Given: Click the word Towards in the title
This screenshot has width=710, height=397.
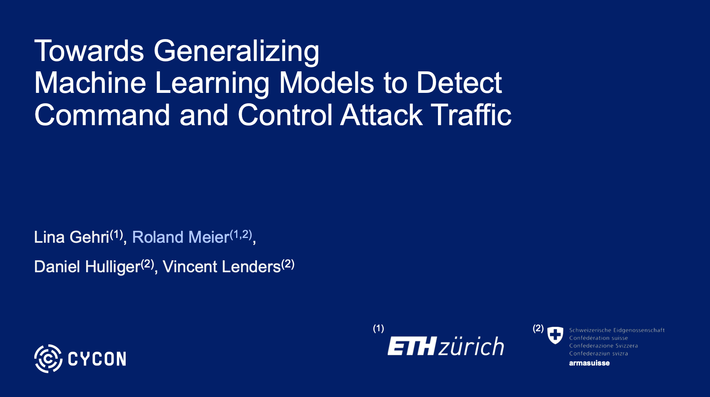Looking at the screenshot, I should point(89,51).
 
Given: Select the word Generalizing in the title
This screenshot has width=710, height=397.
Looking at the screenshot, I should point(237,52).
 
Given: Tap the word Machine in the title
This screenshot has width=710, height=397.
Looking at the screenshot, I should point(90,83).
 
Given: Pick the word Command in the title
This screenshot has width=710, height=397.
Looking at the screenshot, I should point(102,115).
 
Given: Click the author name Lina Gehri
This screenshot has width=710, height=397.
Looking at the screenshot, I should point(72,237).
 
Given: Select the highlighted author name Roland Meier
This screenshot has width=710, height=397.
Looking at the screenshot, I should point(181,237).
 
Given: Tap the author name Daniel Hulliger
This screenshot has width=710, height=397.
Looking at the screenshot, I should point(87,267).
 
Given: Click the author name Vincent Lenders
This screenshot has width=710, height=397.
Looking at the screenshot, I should point(222,267).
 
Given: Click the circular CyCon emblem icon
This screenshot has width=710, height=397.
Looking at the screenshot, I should point(48,359).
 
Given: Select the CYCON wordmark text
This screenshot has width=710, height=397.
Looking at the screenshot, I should point(97,359).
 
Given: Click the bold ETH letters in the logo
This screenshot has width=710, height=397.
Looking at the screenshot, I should point(412,346).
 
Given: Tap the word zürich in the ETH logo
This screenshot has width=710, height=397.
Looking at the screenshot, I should point(471,346).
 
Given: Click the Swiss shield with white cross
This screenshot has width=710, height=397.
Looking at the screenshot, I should point(555,335).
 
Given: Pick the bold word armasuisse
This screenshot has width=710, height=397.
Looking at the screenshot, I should point(589,363).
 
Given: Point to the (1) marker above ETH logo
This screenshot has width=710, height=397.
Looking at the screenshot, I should point(378,328).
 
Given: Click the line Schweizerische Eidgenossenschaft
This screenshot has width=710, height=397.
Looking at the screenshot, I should point(617,330).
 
